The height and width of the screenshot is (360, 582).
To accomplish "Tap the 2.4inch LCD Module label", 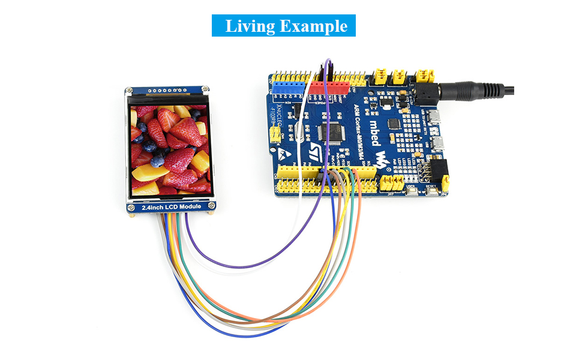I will pos(171,207).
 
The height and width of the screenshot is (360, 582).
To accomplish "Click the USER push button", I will pos(412,191).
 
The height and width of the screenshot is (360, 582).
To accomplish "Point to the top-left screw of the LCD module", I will pos(130,92).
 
